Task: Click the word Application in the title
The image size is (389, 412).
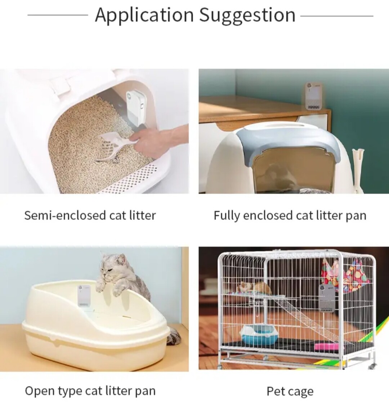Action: (144, 15)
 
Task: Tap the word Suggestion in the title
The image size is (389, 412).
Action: (247, 15)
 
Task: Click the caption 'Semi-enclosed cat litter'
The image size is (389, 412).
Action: (90, 215)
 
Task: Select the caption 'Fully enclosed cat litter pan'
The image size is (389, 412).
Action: (290, 215)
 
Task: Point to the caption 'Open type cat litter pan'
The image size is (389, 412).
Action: (90, 391)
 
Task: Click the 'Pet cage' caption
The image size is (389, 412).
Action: (290, 391)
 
